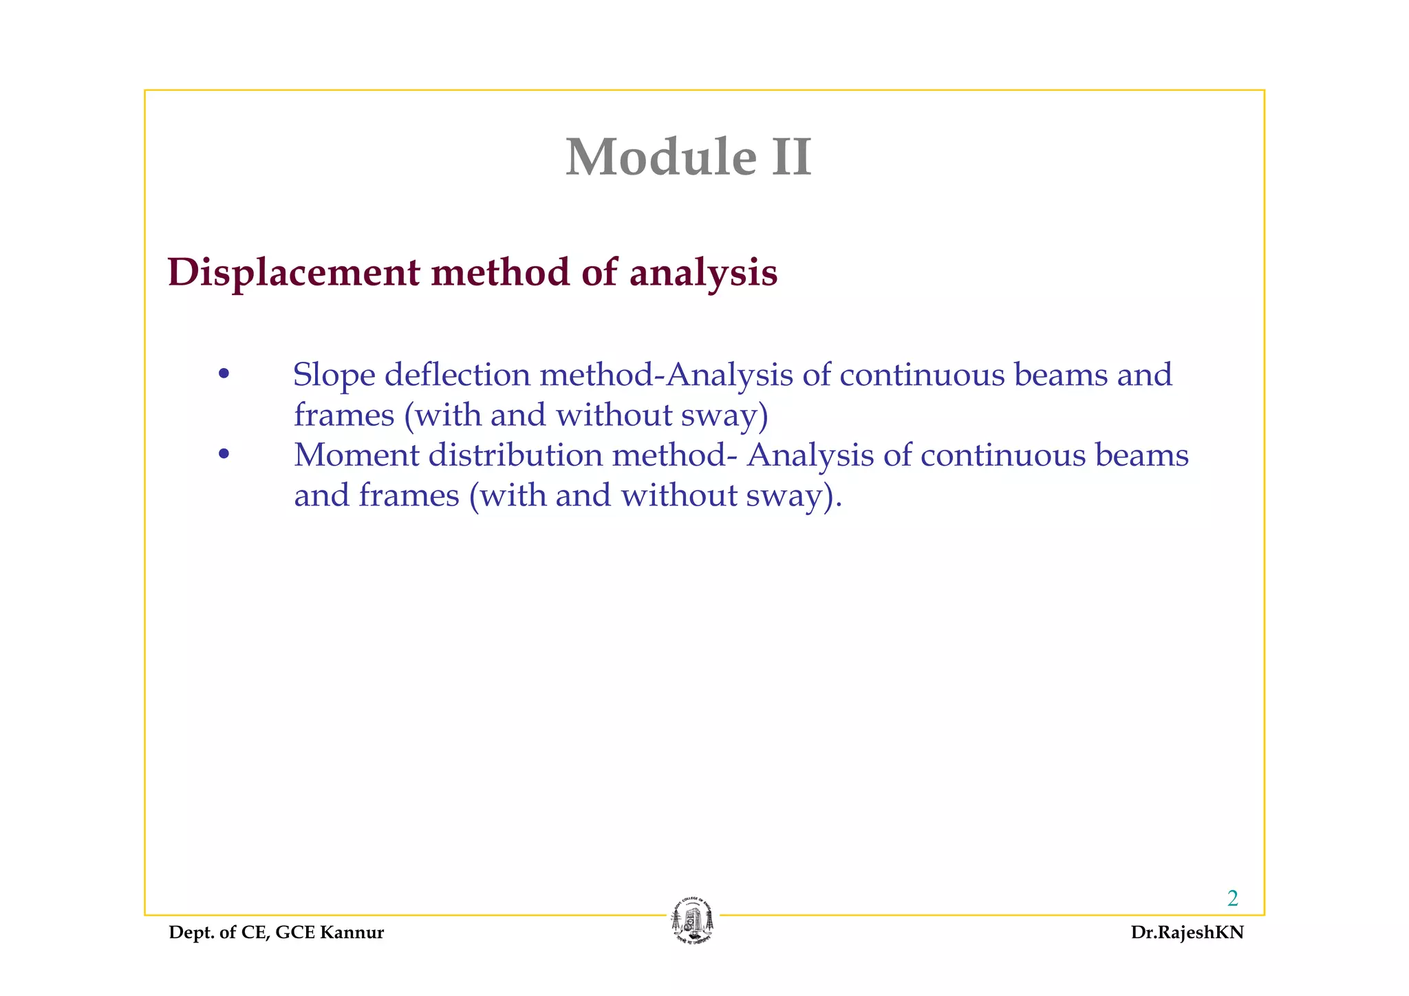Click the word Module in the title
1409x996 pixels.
pos(660,158)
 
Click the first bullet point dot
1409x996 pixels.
pos(223,376)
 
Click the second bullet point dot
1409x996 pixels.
pos(223,455)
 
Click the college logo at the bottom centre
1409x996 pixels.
pos(693,922)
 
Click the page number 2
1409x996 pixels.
pos(1232,898)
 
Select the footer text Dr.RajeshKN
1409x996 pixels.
pos(1187,933)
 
